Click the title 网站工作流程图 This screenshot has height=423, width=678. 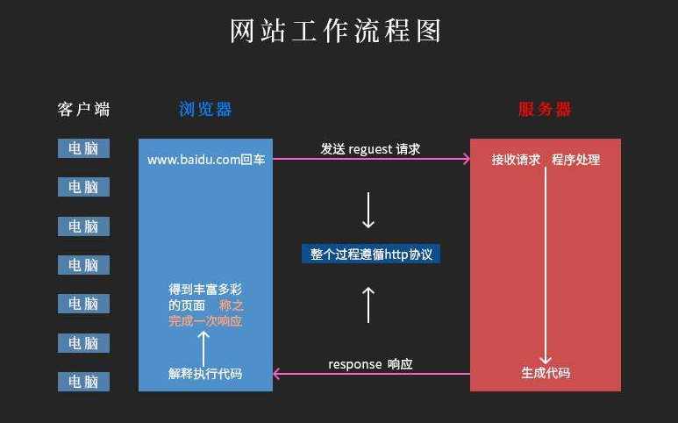335,32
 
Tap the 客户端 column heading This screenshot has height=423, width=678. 84,110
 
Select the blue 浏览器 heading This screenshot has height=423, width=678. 205,110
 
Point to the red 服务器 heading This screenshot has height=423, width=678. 545,110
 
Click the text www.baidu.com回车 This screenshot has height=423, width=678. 205,160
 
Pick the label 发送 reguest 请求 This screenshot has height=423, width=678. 370,148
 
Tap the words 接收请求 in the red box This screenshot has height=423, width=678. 516,160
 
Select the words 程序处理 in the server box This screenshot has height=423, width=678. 576,160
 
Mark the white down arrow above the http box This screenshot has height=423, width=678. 368,210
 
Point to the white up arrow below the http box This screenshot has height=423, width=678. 368,304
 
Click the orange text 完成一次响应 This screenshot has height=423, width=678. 205,321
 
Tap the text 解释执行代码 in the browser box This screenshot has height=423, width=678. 205,373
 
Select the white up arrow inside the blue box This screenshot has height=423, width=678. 204,347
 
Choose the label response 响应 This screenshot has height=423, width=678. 370,363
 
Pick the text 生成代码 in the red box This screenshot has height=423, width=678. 546,373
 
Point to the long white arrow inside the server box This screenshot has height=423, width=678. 546,263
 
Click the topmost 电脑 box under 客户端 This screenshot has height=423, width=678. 84,148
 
